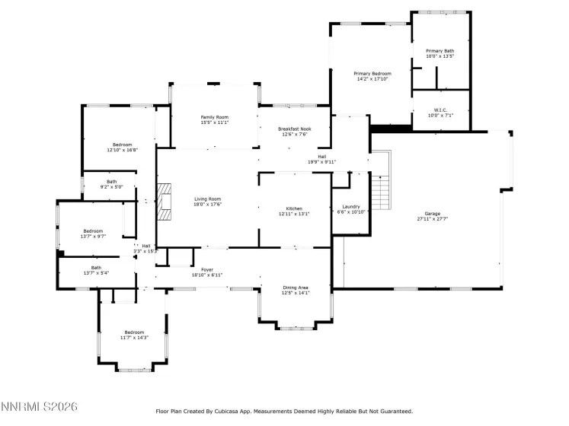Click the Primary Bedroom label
372,73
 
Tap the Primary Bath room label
440,51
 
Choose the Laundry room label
351,206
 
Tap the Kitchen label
294,208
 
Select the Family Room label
214,116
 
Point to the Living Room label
207,199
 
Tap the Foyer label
207,269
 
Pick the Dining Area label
296,287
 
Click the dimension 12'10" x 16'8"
123,150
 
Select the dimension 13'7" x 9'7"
93,237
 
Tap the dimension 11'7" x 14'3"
134,338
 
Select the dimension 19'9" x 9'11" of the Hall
321,162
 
